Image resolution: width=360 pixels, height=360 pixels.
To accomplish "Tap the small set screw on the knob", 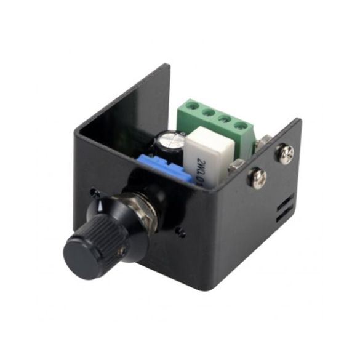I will tap(123, 249).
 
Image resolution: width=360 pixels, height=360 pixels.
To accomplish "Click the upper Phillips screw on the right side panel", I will tap(286, 153).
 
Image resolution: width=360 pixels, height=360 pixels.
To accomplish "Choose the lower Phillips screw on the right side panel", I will tap(257, 178).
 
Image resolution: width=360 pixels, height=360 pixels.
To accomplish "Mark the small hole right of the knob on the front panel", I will tap(180, 232).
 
